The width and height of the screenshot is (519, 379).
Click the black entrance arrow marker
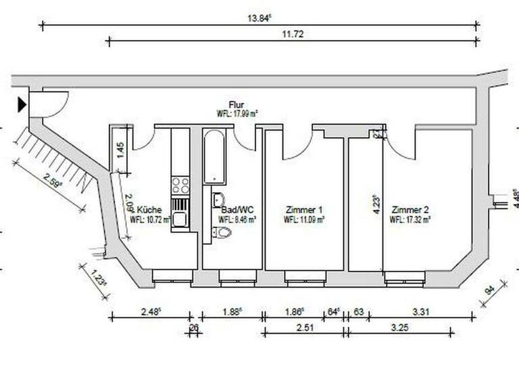pos(22,104)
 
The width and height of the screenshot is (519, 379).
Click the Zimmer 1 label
pos(303,210)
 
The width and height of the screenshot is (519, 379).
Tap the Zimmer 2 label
pos(410,210)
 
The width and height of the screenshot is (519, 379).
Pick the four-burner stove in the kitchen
pos(180,185)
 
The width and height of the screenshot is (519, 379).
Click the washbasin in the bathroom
pos(218,200)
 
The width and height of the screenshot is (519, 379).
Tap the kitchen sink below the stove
pos(180,219)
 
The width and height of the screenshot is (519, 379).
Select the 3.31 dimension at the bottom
pos(419,311)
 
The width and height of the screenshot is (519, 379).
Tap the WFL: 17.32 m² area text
pos(410,220)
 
